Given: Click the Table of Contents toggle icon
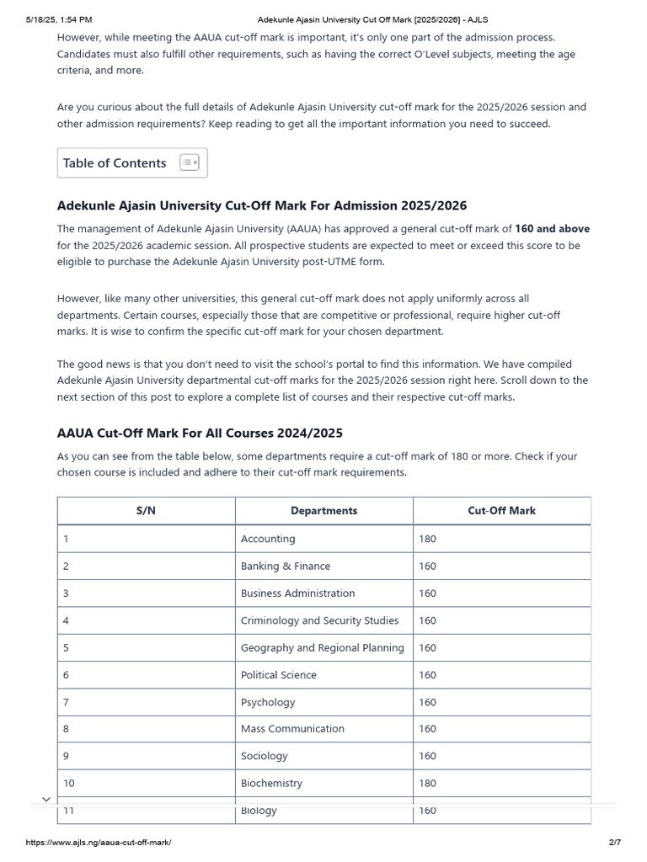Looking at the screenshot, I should (190, 162).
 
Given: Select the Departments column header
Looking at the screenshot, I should (323, 510).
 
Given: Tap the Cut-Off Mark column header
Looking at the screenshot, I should (501, 510).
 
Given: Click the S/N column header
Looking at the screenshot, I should (146, 510).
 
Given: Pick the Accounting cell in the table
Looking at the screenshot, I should (268, 539).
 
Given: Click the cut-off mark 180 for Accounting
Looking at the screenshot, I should (427, 539).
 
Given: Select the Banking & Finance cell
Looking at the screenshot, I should (286, 566).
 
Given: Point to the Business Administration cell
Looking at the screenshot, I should (298, 593).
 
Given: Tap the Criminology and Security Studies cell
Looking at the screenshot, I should (320, 620).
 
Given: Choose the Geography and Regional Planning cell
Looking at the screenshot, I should (323, 647).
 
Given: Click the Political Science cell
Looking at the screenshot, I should (279, 675).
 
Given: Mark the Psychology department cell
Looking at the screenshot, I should (268, 702).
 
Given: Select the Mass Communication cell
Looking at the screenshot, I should (292, 729).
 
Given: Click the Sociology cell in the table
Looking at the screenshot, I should (265, 756).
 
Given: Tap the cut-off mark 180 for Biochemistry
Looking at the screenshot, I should (427, 783).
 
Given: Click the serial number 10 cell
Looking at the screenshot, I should (69, 783).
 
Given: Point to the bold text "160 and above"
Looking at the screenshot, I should (552, 229).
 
